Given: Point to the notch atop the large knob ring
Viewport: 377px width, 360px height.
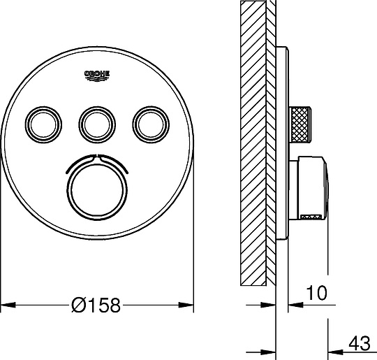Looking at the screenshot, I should coord(96,154).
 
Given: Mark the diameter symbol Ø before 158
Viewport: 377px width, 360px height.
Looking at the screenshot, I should coord(79,305).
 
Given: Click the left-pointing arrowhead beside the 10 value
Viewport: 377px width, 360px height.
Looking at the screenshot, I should coord(293,305).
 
